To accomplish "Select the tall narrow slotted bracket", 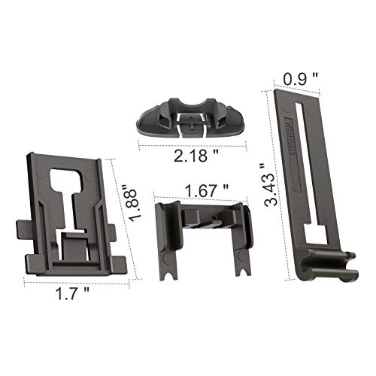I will tap(312, 188).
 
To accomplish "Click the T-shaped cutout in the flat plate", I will tap(71, 196).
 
